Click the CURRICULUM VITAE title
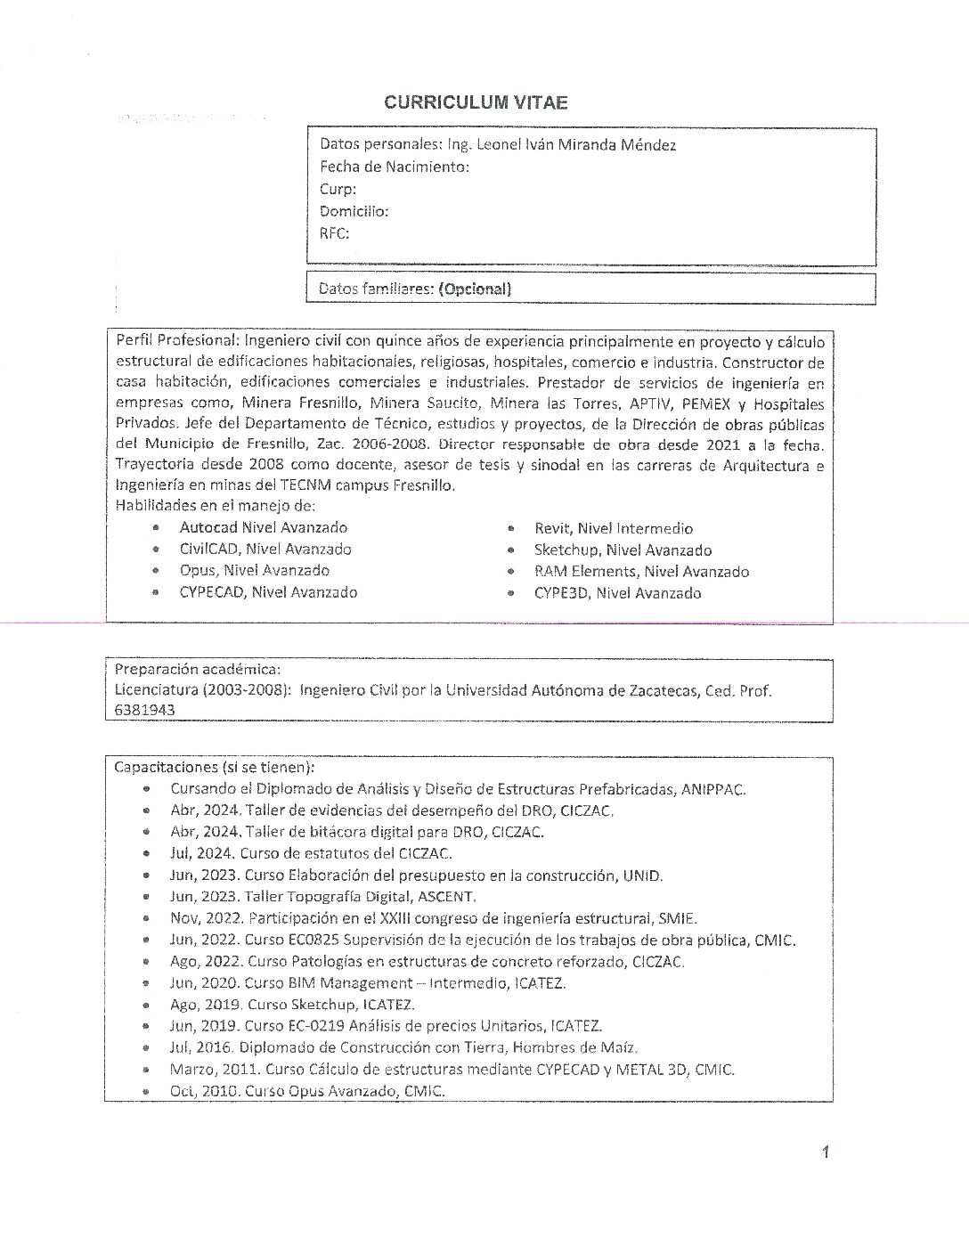(476, 102)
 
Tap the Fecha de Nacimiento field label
(394, 167)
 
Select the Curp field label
(338, 189)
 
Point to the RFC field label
(334, 233)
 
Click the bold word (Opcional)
(475, 289)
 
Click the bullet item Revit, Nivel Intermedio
(613, 528)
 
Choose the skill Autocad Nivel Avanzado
(263, 527)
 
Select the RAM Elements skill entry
(641, 572)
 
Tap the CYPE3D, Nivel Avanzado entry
(617, 593)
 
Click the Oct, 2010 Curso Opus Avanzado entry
(306, 1091)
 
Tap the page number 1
(826, 1153)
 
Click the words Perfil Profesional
(175, 341)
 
